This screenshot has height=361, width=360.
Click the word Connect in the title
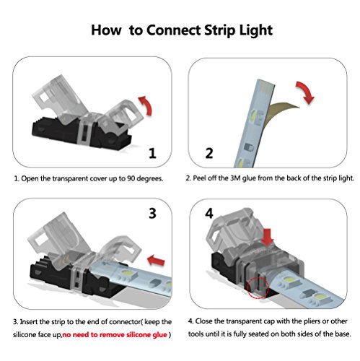coord(173,30)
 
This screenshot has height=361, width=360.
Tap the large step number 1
coord(152,153)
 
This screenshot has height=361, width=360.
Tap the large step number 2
coord(209,153)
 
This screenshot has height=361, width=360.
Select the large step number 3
coord(152,213)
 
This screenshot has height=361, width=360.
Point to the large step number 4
coord(209,213)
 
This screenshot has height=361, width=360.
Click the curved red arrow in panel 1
coord(146,105)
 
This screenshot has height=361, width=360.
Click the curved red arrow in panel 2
coord(306,92)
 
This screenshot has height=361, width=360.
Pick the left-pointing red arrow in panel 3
coord(156,261)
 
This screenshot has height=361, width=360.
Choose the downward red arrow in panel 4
coord(268,238)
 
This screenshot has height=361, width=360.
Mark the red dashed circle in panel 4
coord(258,287)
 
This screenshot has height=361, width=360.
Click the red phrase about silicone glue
coord(115,335)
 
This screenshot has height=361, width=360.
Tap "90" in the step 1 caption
coord(131,178)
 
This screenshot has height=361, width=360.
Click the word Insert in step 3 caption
coord(29,322)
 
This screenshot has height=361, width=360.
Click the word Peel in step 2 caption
coord(198,178)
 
